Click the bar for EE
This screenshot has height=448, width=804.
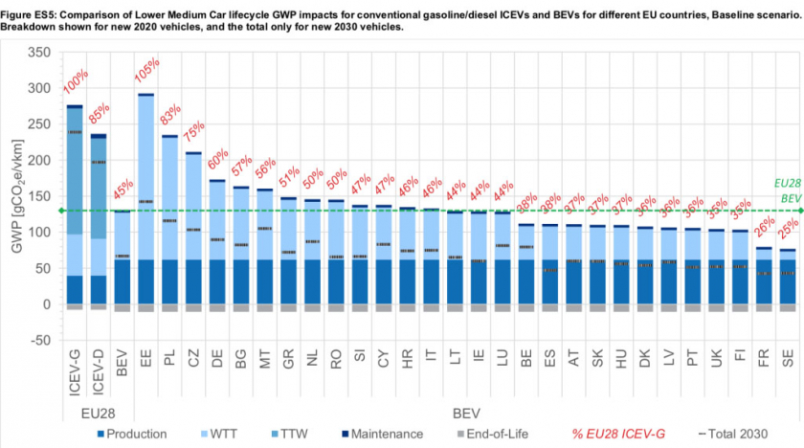[x=146, y=201]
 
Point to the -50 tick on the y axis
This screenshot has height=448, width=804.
[x=39, y=340]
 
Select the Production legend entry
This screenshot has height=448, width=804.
[x=133, y=434]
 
